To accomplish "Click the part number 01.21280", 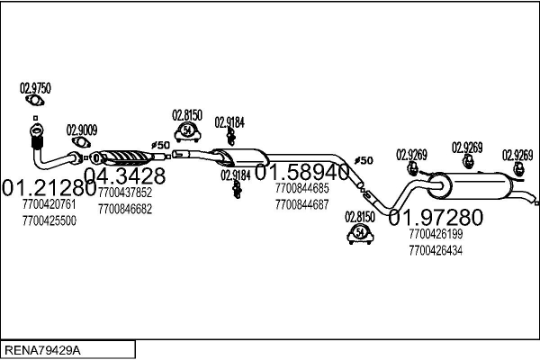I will [49, 189].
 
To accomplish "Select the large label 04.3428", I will [125, 175].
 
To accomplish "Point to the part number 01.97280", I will [436, 217].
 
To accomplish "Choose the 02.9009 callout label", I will [82, 129].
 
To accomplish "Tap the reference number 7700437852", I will [125, 193].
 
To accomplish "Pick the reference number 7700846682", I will [125, 209].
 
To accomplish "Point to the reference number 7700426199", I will [436, 234].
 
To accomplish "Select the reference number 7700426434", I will [436, 250].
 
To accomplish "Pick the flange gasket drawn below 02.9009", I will [81, 142].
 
